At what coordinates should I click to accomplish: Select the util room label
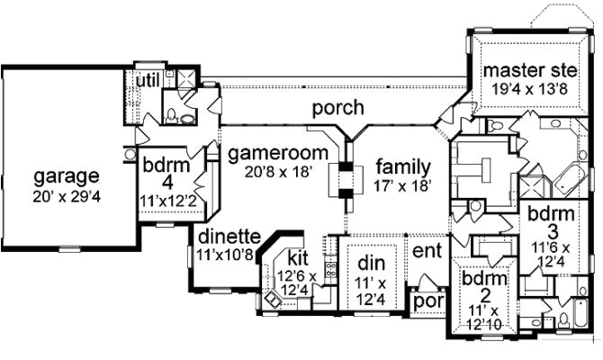(x=147, y=82)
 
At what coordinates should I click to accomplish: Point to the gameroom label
(x=267, y=153)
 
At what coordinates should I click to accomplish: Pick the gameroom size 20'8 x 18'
(x=267, y=172)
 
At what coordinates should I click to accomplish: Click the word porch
(x=337, y=109)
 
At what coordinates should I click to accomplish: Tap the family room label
(x=403, y=167)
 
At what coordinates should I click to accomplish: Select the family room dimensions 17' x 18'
(x=403, y=186)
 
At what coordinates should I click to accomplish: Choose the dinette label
(x=229, y=237)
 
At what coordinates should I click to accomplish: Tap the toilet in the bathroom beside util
(x=188, y=115)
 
